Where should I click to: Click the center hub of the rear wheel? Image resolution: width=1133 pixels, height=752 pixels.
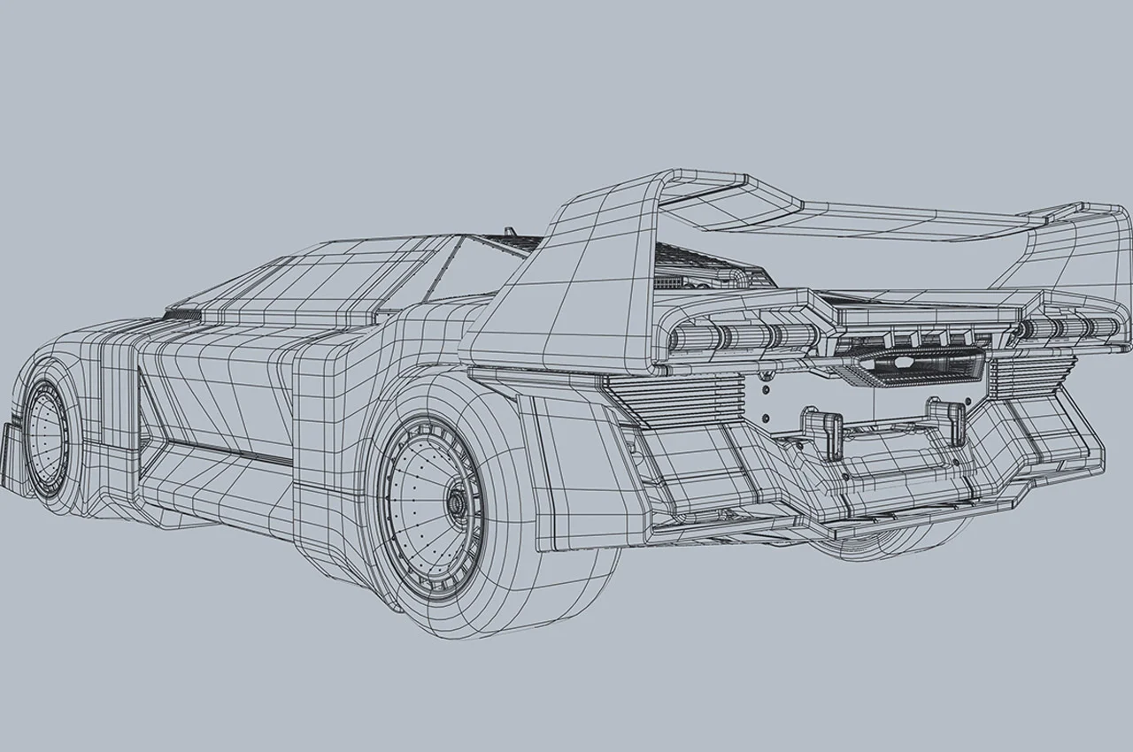(x=458, y=502)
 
